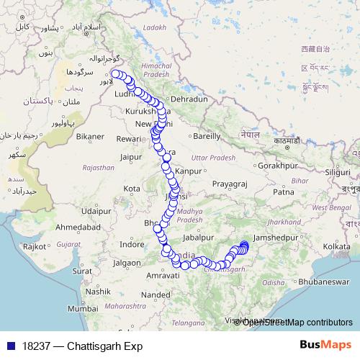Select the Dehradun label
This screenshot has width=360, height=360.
[x=190, y=99]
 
